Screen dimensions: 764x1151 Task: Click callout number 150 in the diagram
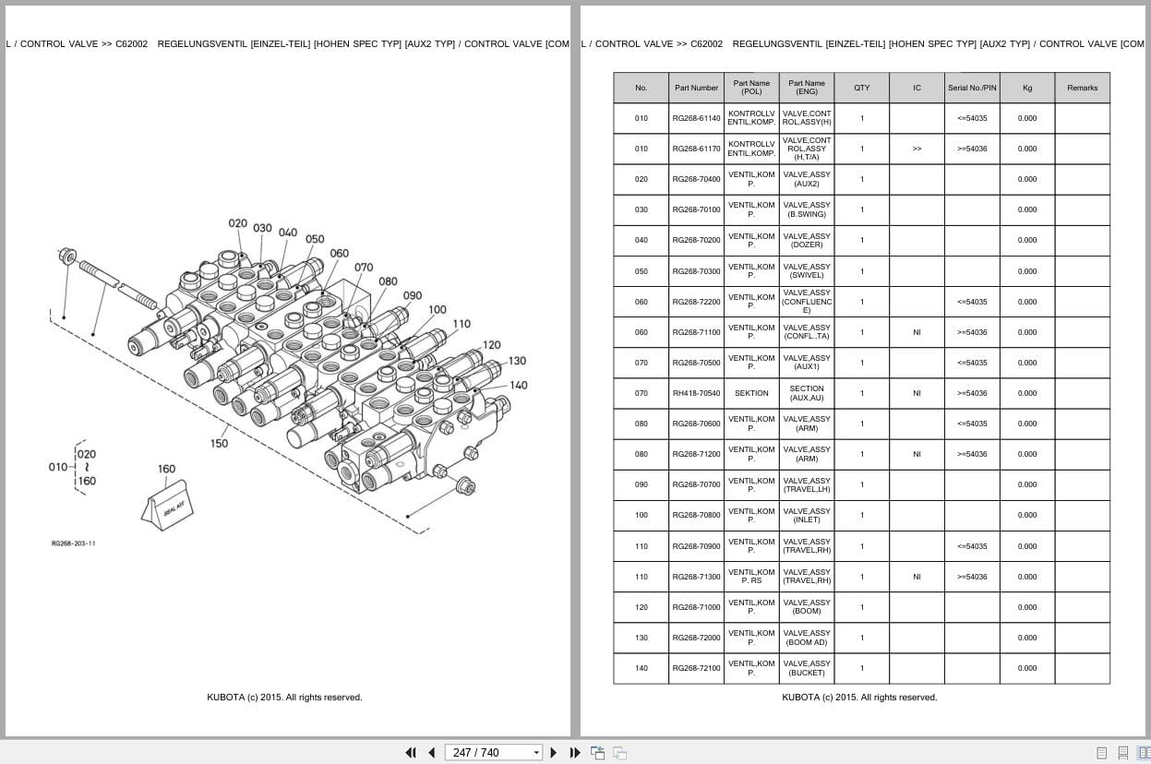pos(219,443)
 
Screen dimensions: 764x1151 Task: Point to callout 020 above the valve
pos(238,224)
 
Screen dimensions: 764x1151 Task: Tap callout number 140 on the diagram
pos(519,385)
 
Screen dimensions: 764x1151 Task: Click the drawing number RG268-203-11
pos(73,543)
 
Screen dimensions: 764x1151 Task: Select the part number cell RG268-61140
pos(696,118)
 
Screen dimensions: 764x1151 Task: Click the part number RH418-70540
pos(696,393)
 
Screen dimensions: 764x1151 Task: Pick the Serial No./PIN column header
pos(972,88)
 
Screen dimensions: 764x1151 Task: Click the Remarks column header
pos(1082,88)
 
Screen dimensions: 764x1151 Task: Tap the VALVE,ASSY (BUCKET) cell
pos(807,668)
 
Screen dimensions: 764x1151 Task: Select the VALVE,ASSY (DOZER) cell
pos(807,240)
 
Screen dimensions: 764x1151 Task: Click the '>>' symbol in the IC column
pos(917,149)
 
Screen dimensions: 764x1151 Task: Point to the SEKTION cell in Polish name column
pos(751,393)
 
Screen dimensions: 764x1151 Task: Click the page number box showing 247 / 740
pos(493,753)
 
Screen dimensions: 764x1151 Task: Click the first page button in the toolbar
pos(411,753)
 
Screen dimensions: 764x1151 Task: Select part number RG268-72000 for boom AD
pos(696,638)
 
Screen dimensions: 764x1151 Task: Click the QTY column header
pos(861,88)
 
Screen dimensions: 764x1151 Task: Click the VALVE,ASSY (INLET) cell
pos(807,515)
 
